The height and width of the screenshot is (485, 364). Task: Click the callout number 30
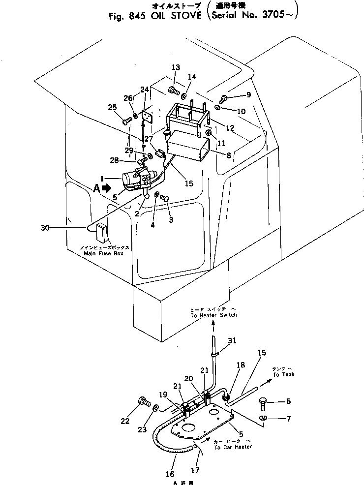46,228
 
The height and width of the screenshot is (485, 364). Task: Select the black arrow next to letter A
106,187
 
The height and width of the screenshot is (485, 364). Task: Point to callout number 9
248,94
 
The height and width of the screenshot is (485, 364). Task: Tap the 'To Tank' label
282,374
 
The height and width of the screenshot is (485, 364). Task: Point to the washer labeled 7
263,418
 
